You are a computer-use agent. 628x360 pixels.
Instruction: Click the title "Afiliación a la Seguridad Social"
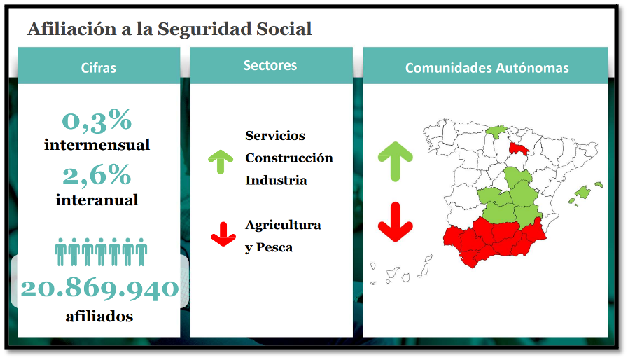(x=169, y=29)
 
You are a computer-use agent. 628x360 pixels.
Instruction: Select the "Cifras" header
(x=99, y=68)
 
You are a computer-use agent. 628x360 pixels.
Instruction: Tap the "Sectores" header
(x=270, y=65)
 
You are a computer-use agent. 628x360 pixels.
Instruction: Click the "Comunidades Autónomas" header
(x=487, y=68)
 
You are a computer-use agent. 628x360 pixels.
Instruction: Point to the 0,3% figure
(x=97, y=120)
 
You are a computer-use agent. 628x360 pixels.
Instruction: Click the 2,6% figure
(x=97, y=175)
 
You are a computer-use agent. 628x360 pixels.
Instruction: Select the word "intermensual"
(x=97, y=145)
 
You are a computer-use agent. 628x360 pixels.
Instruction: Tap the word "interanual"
(x=97, y=200)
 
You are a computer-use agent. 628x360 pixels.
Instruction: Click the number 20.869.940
(x=99, y=289)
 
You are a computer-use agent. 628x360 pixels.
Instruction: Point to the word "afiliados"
(x=99, y=317)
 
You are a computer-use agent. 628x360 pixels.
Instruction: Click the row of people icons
(x=101, y=251)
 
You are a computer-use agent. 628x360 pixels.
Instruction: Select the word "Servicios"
(x=275, y=135)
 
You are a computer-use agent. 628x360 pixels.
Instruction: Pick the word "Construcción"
(x=289, y=158)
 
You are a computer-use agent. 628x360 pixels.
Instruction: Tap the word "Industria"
(x=276, y=181)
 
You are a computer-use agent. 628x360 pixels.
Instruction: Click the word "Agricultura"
(x=283, y=226)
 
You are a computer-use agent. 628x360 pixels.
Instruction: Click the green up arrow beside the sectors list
(x=221, y=161)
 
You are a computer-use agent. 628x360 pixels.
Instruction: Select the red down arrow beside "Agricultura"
(x=223, y=235)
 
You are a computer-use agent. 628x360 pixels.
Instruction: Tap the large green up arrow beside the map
(x=396, y=160)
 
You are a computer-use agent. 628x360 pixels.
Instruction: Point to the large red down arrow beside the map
(x=396, y=223)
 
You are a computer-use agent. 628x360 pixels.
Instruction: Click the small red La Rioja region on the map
(x=518, y=148)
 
